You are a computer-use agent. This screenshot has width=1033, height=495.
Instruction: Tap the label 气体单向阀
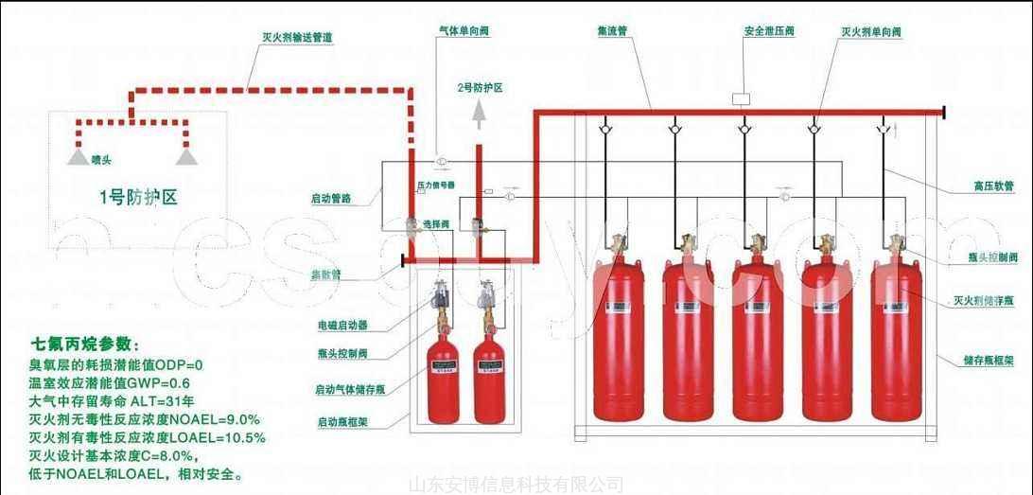coord(463,30)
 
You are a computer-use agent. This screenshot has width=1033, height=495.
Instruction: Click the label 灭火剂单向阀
coord(870,31)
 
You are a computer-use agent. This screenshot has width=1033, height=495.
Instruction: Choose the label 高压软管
coord(993,186)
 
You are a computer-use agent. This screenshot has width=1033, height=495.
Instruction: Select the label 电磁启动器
coord(342,325)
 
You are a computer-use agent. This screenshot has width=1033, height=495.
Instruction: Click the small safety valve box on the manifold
coord(741,97)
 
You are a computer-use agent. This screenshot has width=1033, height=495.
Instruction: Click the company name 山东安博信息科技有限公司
coord(516,485)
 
